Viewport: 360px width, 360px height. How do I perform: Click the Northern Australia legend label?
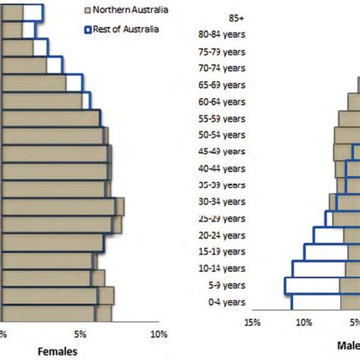click(131, 11)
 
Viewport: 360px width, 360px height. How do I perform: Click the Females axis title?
click(58, 352)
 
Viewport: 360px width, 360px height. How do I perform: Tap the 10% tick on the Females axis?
click(158, 334)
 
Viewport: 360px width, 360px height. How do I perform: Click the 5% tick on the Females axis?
click(81, 334)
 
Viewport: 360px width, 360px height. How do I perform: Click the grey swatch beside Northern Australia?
click(88, 11)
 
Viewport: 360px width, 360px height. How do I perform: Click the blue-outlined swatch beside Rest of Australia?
click(88, 30)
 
